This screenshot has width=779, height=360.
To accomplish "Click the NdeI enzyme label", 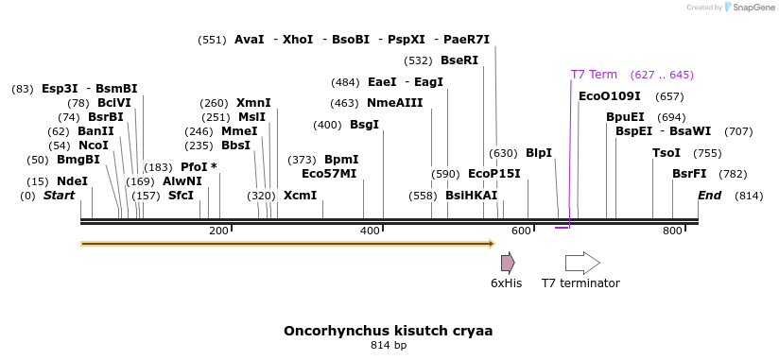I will click(x=72, y=181).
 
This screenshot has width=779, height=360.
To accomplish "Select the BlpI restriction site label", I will click(x=538, y=153).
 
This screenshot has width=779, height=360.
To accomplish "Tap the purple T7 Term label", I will click(x=594, y=75).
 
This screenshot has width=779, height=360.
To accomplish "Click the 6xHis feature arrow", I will click(x=508, y=263).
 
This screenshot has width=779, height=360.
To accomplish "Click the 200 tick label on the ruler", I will click(x=218, y=231).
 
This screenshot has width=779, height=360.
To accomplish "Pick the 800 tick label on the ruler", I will click(x=672, y=231).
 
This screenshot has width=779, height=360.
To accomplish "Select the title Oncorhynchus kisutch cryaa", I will click(x=388, y=332).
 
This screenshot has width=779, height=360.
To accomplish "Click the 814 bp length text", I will click(x=388, y=346).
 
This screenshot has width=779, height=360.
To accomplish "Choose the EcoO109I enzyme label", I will click(x=609, y=96).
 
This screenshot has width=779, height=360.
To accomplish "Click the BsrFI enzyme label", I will click(x=689, y=174).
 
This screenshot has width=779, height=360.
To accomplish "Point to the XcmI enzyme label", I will click(x=300, y=196).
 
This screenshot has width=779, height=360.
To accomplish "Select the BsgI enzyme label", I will click(x=364, y=125).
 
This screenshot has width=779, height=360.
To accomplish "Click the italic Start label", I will click(x=59, y=196).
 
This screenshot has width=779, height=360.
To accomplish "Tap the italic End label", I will click(x=709, y=196).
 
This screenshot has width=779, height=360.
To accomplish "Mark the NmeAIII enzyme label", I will click(x=394, y=103).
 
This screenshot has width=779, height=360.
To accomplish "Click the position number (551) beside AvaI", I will click(x=212, y=40).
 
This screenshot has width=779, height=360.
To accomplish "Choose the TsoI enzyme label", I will click(x=666, y=153).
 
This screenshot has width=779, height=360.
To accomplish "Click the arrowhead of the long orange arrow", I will click(x=491, y=244).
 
